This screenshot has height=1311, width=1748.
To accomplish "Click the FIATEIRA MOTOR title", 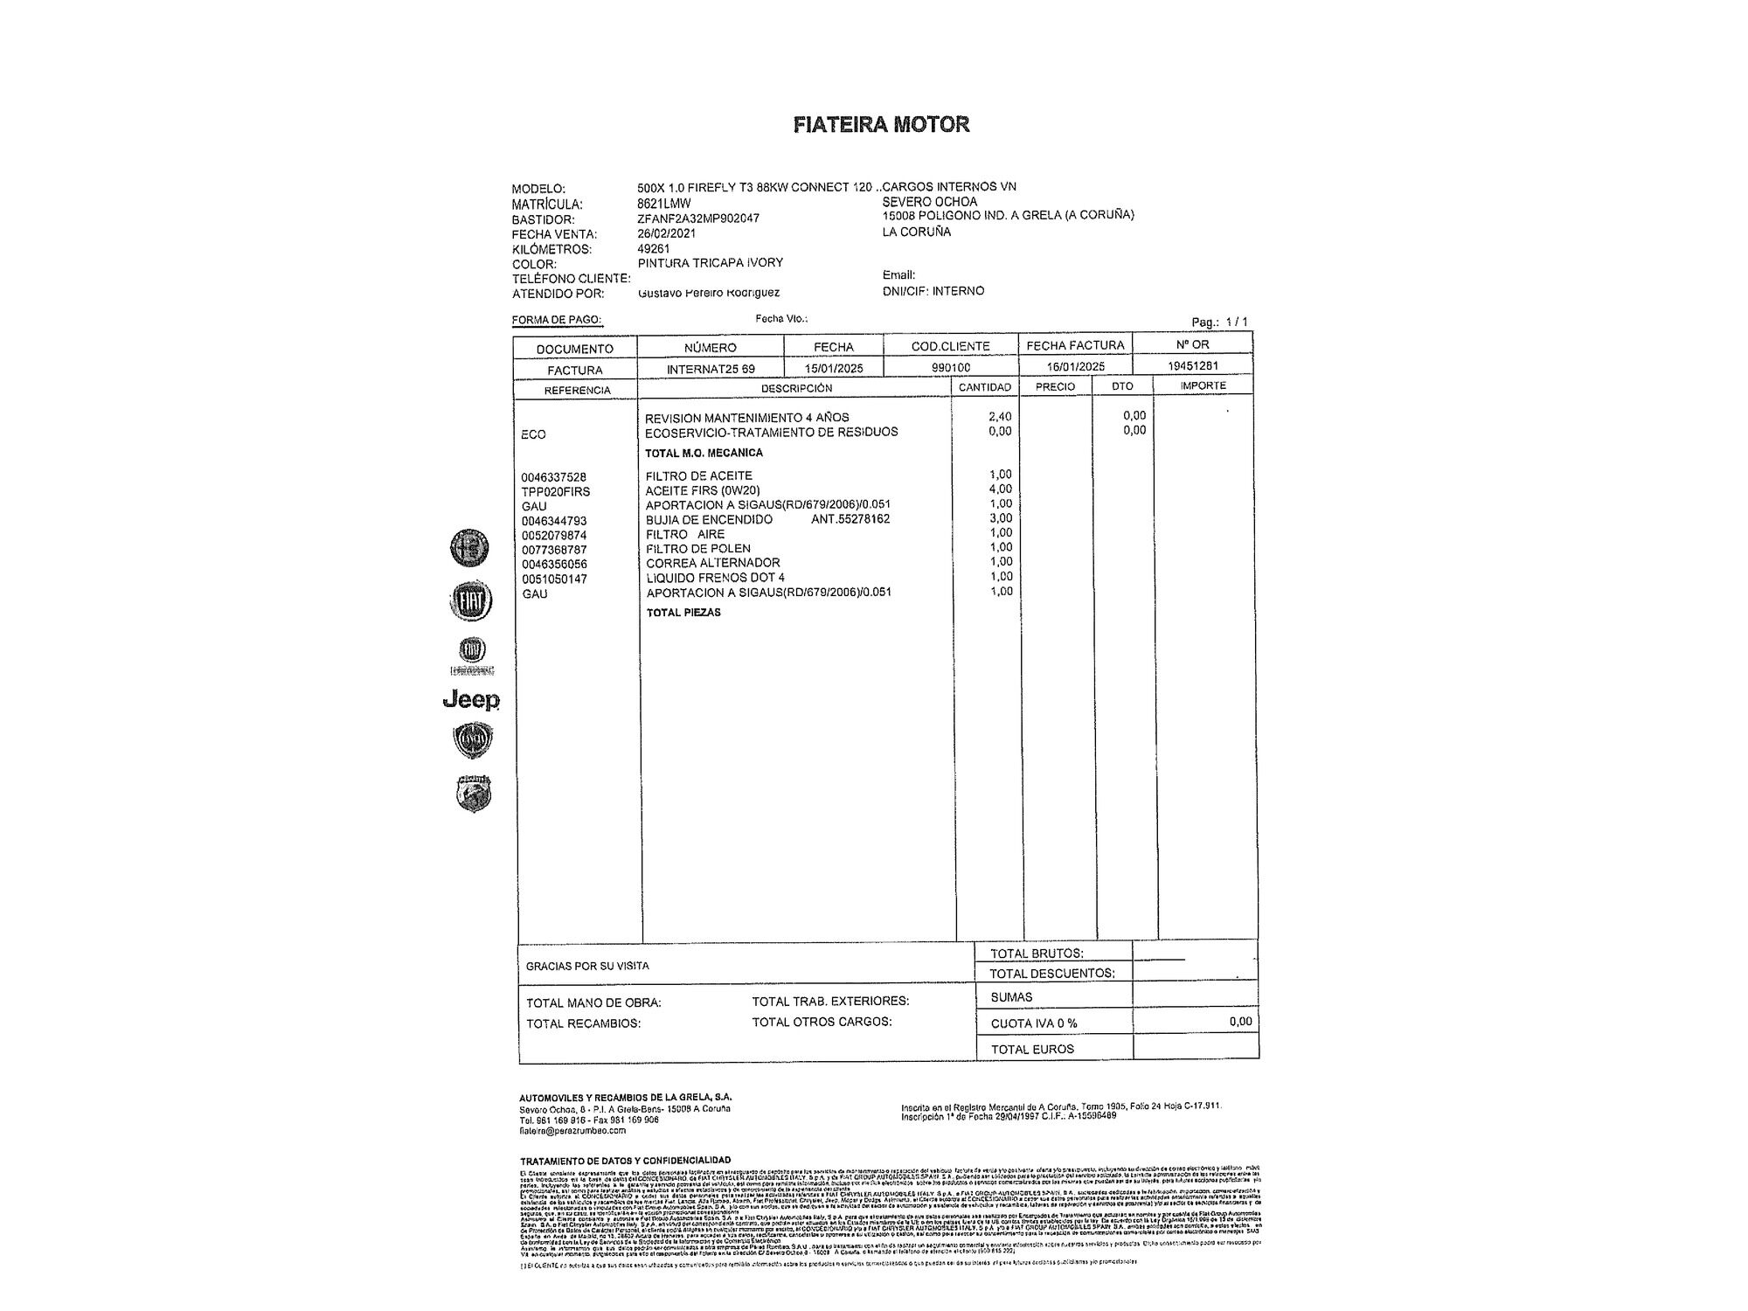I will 881,124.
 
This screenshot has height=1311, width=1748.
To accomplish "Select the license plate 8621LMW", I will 664,204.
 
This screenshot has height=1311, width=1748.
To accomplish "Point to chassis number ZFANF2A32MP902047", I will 698,218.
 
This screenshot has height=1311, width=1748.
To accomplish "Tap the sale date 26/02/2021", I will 667,233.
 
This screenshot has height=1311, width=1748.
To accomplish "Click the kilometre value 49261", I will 654,248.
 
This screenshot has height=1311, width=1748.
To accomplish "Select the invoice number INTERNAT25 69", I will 711,369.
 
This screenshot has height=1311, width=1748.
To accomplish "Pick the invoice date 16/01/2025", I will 1075,367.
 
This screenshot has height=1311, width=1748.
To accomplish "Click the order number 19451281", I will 1193,366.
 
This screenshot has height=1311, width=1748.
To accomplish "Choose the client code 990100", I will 951,368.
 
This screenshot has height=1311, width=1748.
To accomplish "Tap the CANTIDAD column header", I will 985,387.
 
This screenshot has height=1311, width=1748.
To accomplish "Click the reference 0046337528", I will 554,477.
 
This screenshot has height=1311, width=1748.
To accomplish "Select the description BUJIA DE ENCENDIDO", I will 709,519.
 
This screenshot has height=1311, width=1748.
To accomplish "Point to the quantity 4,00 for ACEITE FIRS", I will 1000,489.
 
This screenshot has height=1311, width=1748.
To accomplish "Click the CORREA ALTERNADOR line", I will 712,563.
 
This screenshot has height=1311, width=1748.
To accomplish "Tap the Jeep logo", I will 471,700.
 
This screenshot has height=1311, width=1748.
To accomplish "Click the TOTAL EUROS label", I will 1032,1049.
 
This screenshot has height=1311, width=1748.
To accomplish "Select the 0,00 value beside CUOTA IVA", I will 1239,1022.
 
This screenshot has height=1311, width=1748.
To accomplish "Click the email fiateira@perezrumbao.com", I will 572,1130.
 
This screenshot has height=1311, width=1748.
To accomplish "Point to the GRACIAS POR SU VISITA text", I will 587,967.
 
